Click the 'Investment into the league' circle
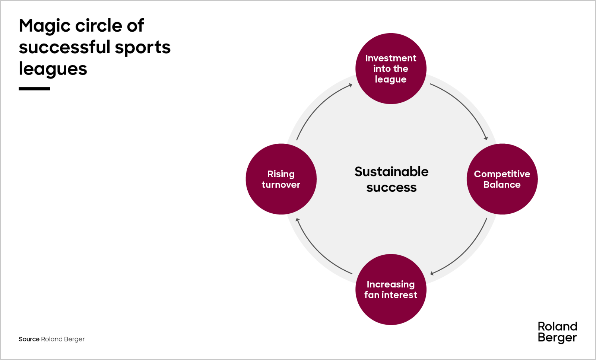click(391, 69)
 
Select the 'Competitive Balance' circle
click(502, 179)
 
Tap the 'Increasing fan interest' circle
click(391, 289)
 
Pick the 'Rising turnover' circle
click(281, 179)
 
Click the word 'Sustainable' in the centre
click(391, 172)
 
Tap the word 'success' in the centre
click(391, 188)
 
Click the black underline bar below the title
click(34, 89)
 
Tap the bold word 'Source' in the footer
click(29, 339)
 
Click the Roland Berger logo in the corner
click(557, 332)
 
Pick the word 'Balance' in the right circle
click(502, 185)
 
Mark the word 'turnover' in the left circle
click(281, 185)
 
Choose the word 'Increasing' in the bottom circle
click(391, 284)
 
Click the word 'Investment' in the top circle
click(391, 58)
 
